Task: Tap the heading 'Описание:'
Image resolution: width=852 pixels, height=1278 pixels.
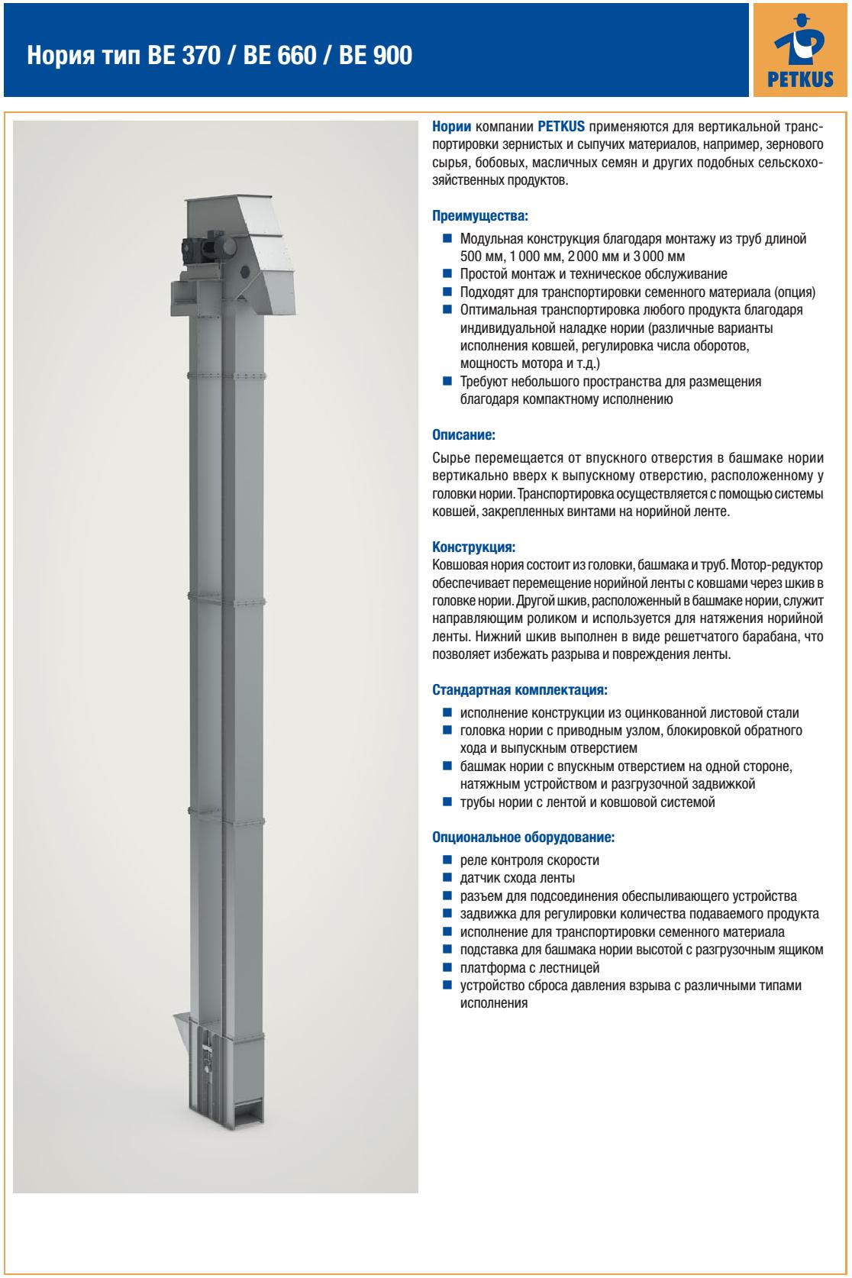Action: [x=464, y=435]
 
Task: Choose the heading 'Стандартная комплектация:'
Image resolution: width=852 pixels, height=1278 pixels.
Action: [x=520, y=690]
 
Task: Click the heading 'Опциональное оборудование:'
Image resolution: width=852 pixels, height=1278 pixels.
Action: [x=523, y=837]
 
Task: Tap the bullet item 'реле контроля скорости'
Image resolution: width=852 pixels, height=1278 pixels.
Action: [x=529, y=860]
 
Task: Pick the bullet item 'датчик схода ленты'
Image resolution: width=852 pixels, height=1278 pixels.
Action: [x=517, y=878]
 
